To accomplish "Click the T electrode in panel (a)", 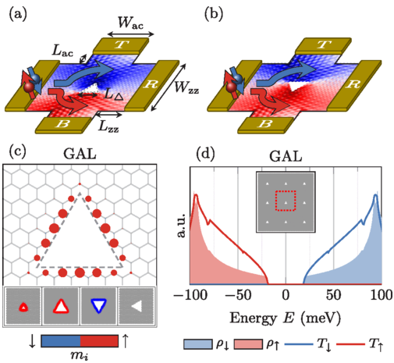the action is (x=121, y=46).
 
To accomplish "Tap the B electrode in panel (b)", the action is (x=265, y=125).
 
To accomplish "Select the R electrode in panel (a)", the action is (x=151, y=85).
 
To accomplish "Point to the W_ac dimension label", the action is (x=130, y=23).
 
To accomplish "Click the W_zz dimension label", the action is (x=186, y=87).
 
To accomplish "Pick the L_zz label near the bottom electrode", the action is (x=108, y=126).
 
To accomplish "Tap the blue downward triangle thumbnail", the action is (x=98, y=306).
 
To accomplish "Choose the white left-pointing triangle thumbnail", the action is (x=137, y=306).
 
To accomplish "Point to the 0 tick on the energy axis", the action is (x=286, y=296).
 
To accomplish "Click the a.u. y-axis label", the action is (x=182, y=226).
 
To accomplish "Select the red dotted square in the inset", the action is (x=286, y=201).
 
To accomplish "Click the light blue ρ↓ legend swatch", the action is (x=197, y=344).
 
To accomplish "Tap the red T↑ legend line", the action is (x=351, y=344).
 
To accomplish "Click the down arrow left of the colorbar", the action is (x=32, y=341).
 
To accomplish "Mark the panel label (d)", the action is (x=205, y=154).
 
